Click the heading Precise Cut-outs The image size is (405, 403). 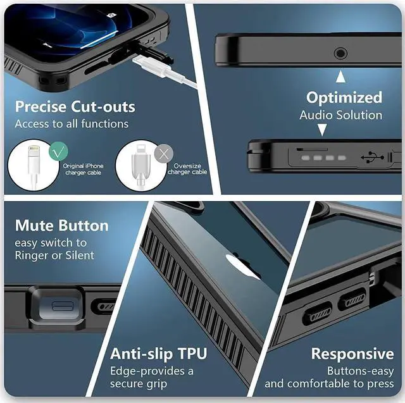click(75, 106)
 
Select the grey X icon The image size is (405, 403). click(164, 152)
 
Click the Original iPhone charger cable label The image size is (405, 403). click(83, 169)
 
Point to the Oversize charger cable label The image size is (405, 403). click(187, 169)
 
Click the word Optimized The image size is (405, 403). click(344, 97)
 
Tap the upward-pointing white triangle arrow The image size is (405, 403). click(340, 77)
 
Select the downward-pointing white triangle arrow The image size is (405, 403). click(321, 130)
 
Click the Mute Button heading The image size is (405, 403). click(62, 226)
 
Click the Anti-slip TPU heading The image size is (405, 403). click(159, 353)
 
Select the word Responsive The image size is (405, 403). click(352, 354)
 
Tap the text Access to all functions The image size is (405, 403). click(72, 123)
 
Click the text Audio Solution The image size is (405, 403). click(340, 115)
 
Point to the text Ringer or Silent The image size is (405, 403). click(54, 255)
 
